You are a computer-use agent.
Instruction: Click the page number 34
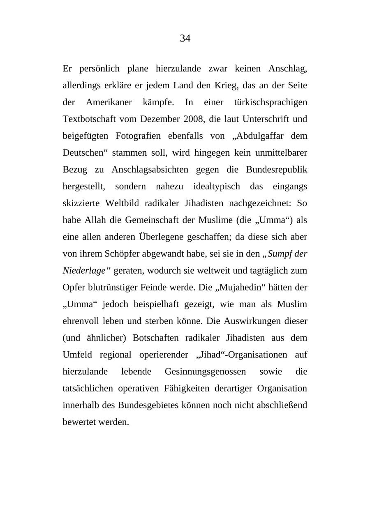click(x=185, y=39)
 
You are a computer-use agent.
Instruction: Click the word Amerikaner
click(x=109, y=102)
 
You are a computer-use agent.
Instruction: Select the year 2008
click(x=194, y=119)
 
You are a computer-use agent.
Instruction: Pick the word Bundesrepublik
click(x=277, y=170)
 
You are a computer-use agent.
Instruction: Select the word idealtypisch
click(x=216, y=187)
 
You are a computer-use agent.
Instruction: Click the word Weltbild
click(x=120, y=203)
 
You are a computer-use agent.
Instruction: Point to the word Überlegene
click(x=162, y=237)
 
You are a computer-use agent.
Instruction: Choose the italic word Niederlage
click(x=84, y=271)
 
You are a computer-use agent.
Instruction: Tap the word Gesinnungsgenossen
click(x=205, y=372)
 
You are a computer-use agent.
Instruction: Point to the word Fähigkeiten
click(x=233, y=389)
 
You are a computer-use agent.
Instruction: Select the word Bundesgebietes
click(x=148, y=405)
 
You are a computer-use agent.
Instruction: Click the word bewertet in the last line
click(x=79, y=422)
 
